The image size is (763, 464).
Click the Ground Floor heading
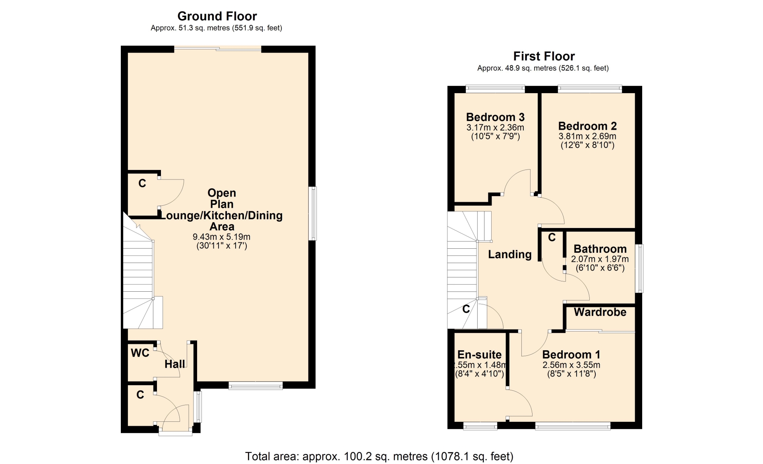click(x=217, y=16)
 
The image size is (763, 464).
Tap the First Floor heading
click(x=544, y=56)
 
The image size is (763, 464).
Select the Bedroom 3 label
click(x=495, y=117)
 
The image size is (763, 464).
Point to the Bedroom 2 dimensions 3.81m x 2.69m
click(x=587, y=136)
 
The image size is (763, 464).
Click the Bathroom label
click(x=600, y=249)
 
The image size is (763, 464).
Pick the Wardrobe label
click(x=600, y=312)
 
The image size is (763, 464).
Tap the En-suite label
click(x=479, y=355)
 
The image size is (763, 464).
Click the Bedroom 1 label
click(x=571, y=355)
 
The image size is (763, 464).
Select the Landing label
click(x=510, y=255)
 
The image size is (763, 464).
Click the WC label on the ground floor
click(x=140, y=353)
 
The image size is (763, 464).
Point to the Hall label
click(x=175, y=364)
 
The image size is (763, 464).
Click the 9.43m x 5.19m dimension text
click(x=222, y=237)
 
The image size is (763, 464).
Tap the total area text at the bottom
click(x=379, y=456)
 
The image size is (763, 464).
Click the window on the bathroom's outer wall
click(x=639, y=269)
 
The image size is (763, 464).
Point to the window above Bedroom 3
click(x=495, y=89)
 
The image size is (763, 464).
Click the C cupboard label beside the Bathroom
click(x=552, y=238)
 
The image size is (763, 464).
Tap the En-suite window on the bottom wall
click(x=480, y=426)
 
